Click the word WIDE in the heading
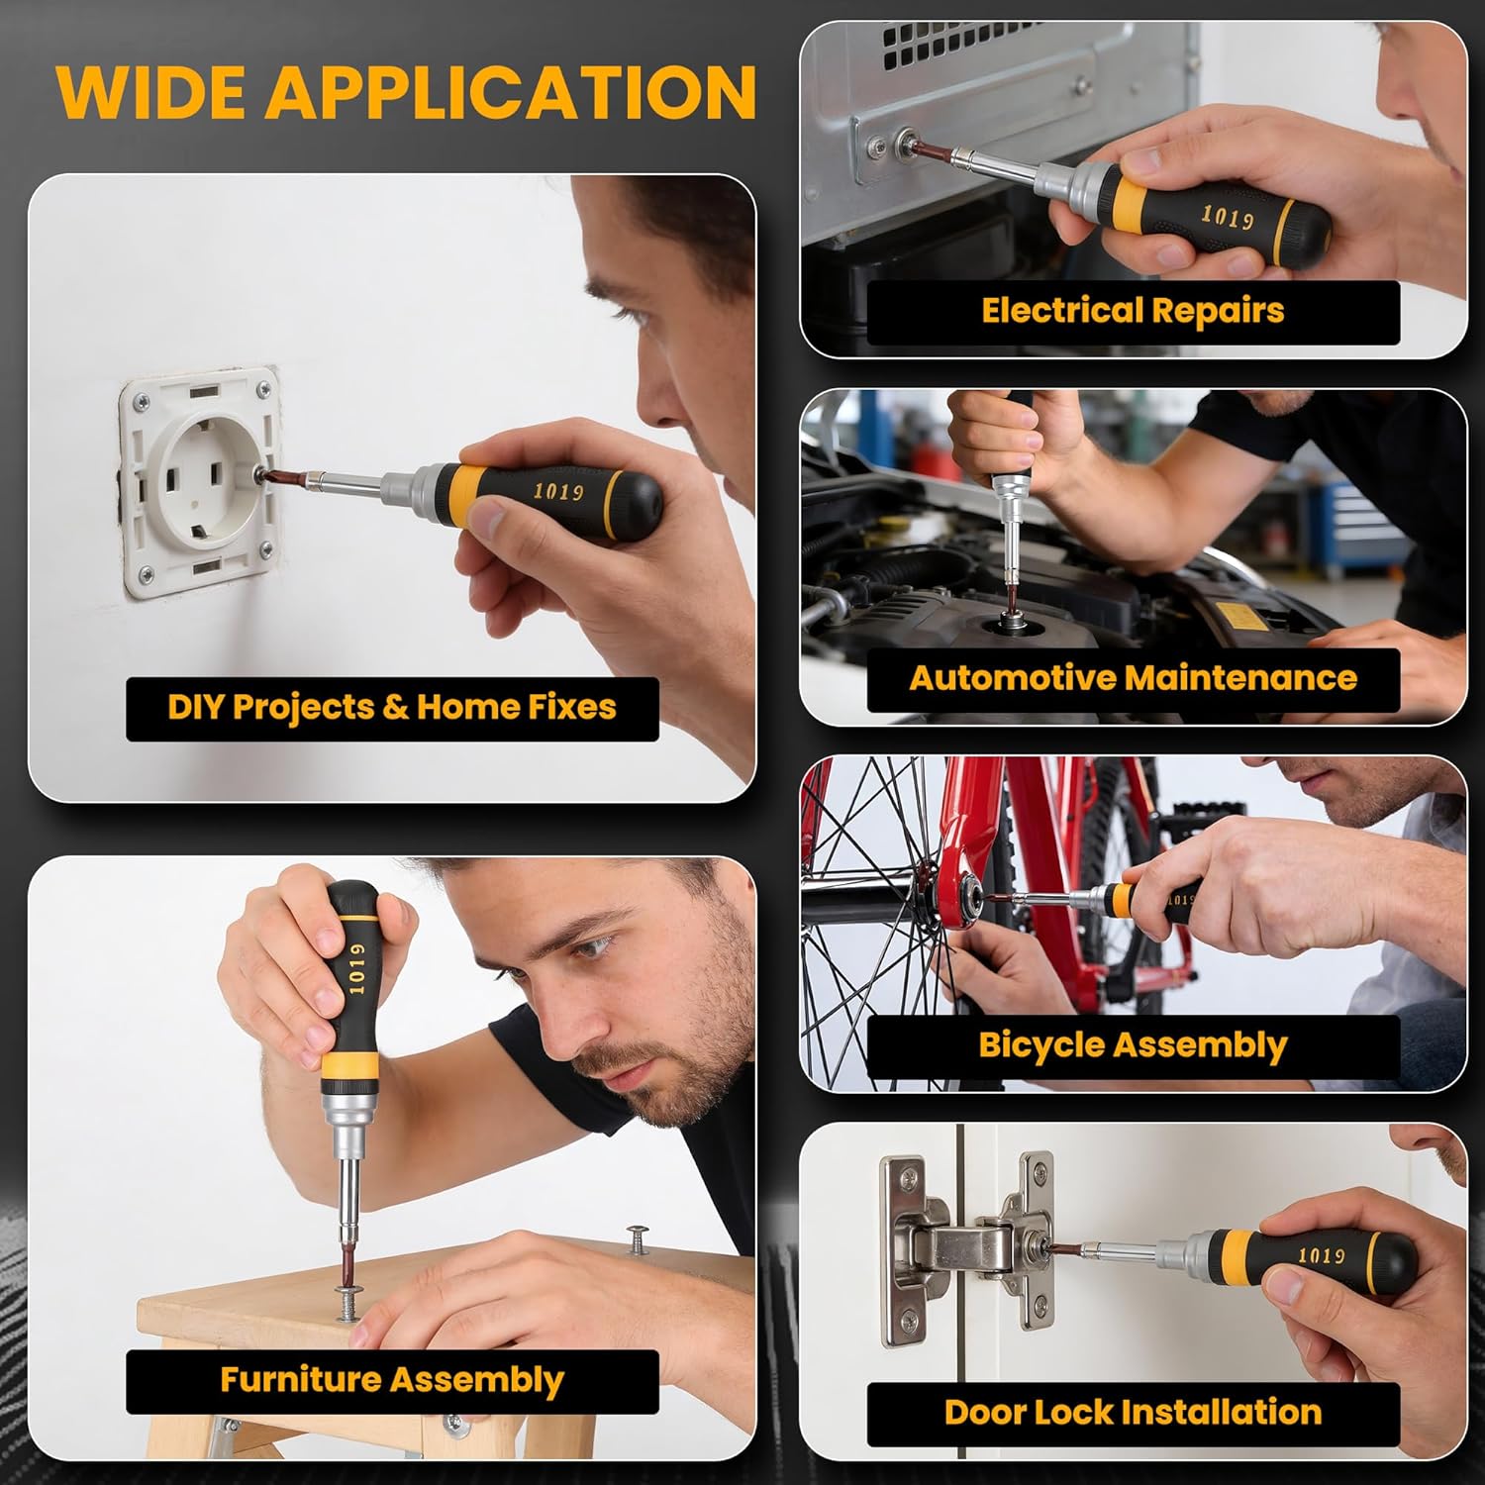click(151, 92)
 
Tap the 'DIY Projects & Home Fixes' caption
click(392, 708)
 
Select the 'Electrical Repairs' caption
click(1133, 311)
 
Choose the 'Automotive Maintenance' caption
click(1133, 678)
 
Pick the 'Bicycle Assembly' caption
click(1133, 1045)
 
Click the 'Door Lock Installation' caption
click(1133, 1412)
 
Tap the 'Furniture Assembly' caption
click(392, 1380)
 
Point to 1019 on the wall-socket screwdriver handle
click(558, 491)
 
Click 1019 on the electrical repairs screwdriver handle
click(1227, 217)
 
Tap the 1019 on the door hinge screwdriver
click(1321, 1255)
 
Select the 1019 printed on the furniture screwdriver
click(356, 967)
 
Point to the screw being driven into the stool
click(351, 1298)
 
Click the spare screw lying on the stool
click(638, 1237)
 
